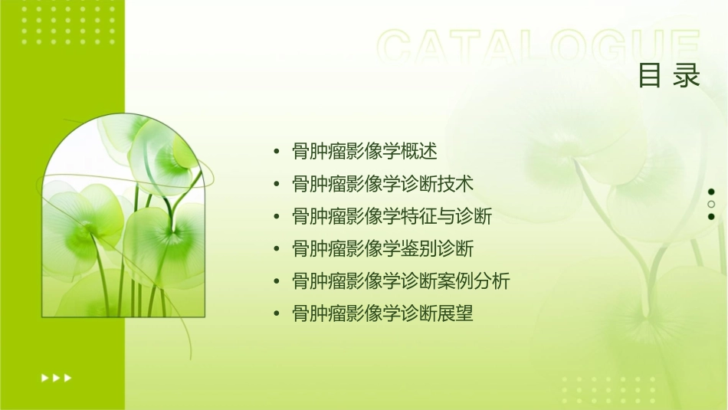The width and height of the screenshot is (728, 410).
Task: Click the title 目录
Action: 669,76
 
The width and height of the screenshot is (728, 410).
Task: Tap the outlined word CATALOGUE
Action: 539,48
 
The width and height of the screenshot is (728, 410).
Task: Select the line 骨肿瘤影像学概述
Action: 365,152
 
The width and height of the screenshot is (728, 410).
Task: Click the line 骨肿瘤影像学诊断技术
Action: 383,184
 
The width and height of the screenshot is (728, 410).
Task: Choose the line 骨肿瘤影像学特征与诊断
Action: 392,216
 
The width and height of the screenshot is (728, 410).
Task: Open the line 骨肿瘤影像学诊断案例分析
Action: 401,281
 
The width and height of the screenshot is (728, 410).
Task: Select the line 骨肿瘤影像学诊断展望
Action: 383,313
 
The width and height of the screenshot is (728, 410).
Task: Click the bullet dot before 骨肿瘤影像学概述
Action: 276,152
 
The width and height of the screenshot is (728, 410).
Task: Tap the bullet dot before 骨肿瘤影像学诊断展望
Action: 276,313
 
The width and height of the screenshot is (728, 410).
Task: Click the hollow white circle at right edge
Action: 711,204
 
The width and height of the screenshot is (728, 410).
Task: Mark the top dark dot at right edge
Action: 711,192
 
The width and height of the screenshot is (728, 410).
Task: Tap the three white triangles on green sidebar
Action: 56,378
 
